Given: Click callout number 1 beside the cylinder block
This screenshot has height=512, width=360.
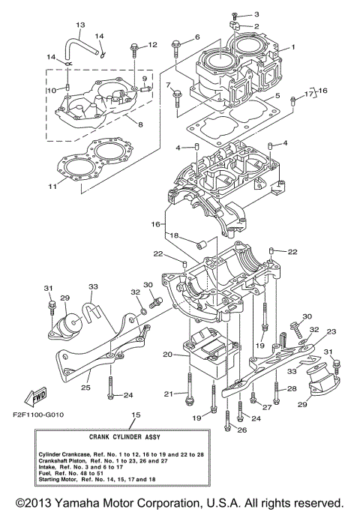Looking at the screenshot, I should tap(293, 46).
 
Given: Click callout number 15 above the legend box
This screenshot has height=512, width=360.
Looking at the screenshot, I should tap(136, 415).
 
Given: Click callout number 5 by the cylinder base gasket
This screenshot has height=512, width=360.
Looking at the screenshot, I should tap(277, 97).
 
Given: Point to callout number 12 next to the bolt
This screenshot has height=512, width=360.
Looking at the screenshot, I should tap(152, 45).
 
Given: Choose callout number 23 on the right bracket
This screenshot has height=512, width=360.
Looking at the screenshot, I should tap(331, 332).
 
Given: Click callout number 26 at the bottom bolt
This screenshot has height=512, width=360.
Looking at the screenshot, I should tap(241, 430).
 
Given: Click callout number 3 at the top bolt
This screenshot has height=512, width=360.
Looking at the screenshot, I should tap(256, 14).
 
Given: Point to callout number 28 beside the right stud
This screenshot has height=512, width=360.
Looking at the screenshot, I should tap(292, 388).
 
